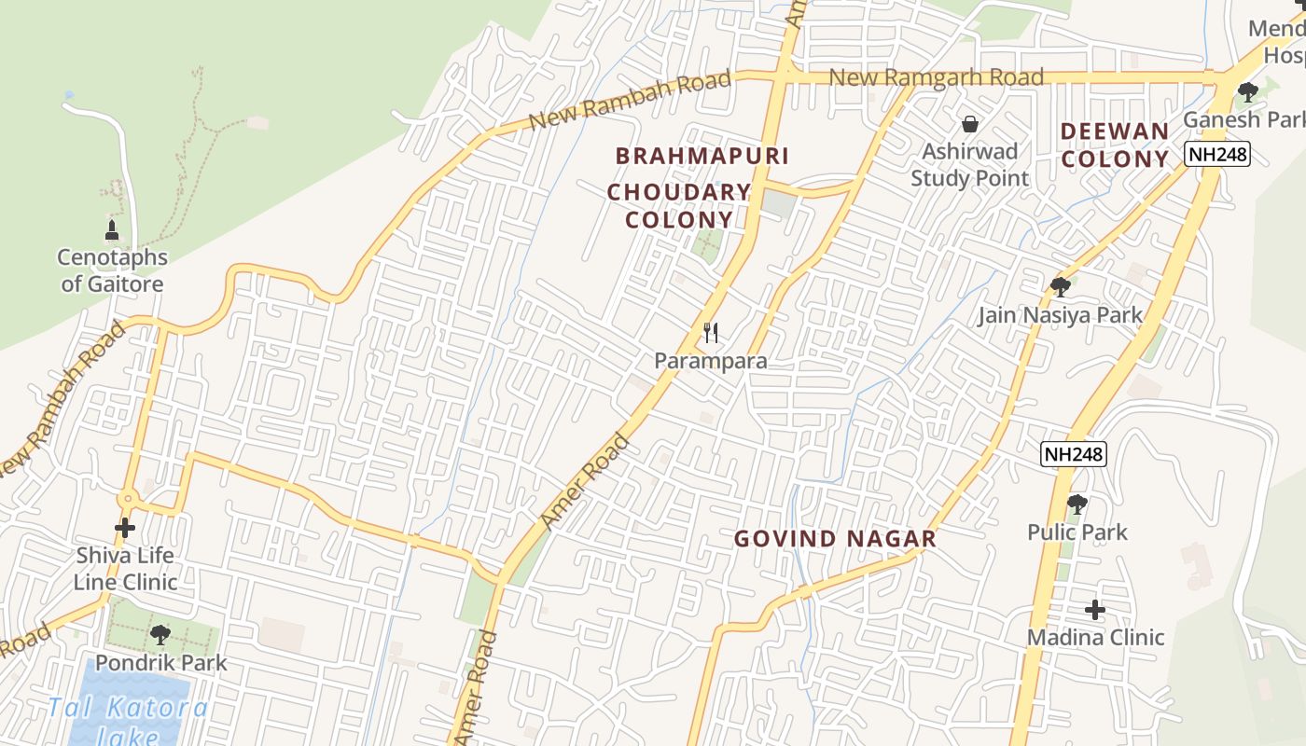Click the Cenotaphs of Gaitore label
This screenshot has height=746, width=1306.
[112, 270]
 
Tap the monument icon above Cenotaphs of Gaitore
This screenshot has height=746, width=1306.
[112, 229]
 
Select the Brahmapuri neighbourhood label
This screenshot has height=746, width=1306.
[702, 156]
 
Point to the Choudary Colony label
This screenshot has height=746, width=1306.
[679, 206]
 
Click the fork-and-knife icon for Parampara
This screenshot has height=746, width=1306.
[711, 332]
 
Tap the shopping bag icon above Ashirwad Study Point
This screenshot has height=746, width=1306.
[970, 124]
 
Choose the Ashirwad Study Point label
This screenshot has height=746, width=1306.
[970, 164]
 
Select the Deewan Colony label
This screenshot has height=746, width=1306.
[1115, 145]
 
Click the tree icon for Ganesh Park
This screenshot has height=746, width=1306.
[1247, 91]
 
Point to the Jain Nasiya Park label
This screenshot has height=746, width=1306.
[1060, 315]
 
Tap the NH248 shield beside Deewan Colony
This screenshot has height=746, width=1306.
[1217, 154]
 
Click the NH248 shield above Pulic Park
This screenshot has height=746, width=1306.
[1074, 454]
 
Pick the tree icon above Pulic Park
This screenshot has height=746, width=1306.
[1077, 504]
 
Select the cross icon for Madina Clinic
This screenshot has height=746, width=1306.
[1095, 611]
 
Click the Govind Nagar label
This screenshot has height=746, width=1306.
[835, 539]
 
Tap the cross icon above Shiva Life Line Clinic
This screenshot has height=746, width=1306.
[125, 528]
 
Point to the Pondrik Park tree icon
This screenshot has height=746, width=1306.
[160, 635]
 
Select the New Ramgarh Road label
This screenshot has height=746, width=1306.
[936, 77]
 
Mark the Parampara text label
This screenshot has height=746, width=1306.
[711, 361]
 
